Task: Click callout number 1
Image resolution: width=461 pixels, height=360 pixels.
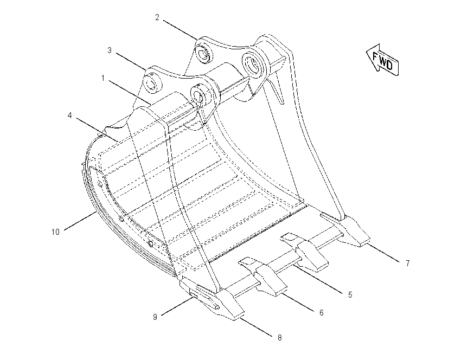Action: click(x=103, y=78)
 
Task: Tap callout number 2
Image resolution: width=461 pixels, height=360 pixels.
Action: click(x=157, y=17)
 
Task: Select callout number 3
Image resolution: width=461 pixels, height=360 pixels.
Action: click(x=110, y=50)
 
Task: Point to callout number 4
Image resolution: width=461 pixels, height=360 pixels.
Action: click(x=69, y=115)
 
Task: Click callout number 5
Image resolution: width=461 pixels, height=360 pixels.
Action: click(x=350, y=295)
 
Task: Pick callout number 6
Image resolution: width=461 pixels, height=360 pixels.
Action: click(x=322, y=313)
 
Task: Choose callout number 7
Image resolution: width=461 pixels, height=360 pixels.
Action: click(x=408, y=263)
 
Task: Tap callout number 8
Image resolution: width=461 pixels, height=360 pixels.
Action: click(x=280, y=338)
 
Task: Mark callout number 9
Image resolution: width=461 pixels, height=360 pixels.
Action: click(x=155, y=317)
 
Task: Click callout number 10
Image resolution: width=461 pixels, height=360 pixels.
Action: click(x=55, y=232)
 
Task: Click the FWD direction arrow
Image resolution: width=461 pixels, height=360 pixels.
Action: click(x=382, y=60)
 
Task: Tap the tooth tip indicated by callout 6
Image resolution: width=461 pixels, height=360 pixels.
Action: click(x=281, y=291)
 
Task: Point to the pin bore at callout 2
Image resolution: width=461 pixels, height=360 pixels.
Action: click(x=203, y=54)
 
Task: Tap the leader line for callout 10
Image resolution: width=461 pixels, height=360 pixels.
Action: click(x=80, y=221)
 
